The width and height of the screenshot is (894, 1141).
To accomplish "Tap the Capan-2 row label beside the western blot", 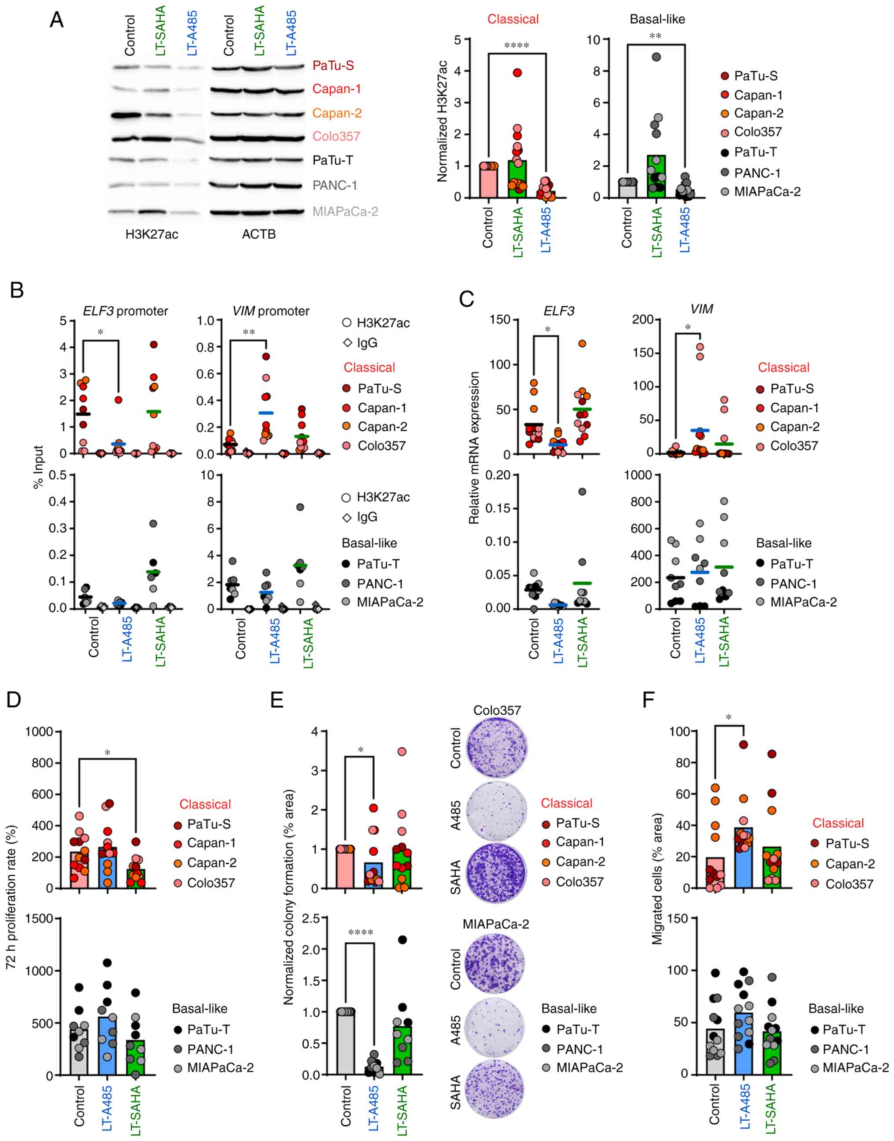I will [337, 113].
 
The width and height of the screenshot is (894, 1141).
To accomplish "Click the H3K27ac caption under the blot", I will [152, 234].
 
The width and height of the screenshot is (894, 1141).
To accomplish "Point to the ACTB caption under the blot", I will [259, 234].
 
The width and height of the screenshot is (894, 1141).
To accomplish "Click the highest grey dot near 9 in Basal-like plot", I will [657, 57].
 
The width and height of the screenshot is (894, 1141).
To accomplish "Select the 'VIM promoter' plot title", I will [271, 311].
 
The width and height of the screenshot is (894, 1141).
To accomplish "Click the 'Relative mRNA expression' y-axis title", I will [474, 448].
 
